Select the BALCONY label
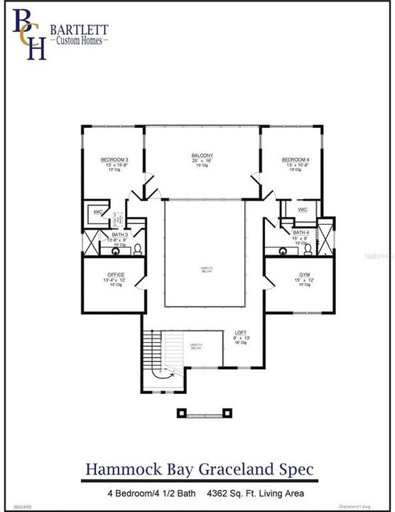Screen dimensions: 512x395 202,156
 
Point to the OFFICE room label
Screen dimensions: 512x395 116,274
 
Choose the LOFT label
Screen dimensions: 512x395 241,332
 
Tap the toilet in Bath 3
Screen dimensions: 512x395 139,249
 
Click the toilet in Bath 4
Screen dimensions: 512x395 308,248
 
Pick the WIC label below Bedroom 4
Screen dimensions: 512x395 302,210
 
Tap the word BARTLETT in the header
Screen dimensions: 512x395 78,29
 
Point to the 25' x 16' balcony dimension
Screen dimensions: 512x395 202,161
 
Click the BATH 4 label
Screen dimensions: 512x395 301,233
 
